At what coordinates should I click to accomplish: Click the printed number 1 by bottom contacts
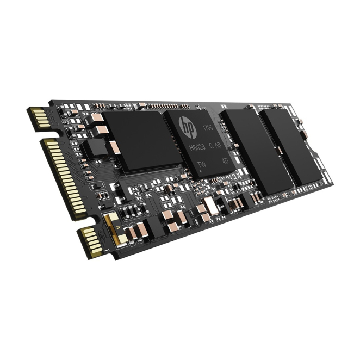(x=108, y=251)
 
